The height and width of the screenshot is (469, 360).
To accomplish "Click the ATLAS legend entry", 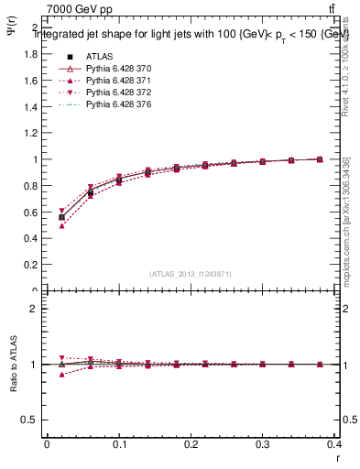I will coord(99,56).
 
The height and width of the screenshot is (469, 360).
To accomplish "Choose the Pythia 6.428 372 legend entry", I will coord(116,93).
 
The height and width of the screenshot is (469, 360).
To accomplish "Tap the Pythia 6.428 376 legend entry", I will coord(116,105).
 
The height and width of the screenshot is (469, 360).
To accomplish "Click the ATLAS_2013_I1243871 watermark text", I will coord(191,274).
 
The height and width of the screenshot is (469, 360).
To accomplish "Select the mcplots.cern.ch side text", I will coord(346,220).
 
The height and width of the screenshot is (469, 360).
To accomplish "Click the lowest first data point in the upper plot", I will coord(61,225).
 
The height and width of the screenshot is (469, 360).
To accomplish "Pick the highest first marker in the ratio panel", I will coord(61,357).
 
